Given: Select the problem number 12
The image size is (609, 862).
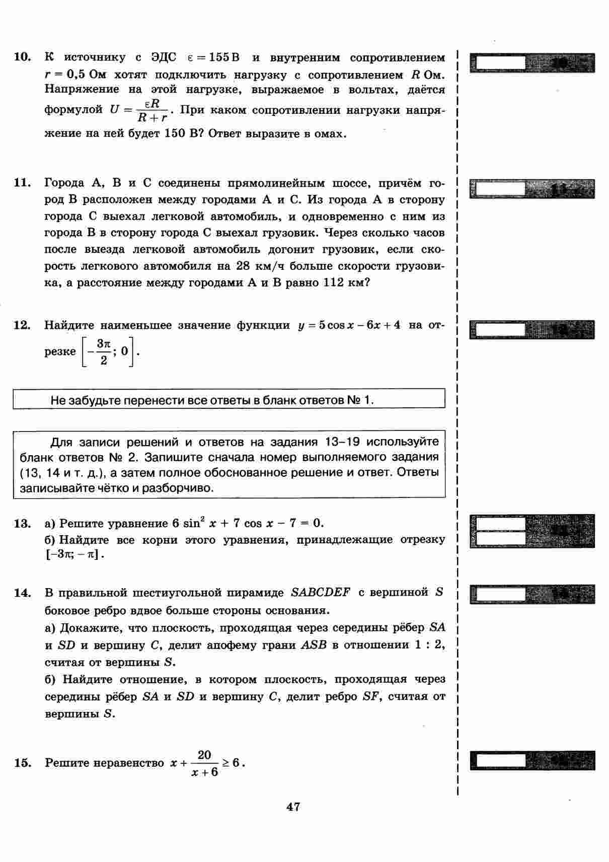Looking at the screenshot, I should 23,325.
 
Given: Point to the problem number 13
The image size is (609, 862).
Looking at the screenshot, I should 23,523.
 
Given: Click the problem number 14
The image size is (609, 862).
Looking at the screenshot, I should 23,592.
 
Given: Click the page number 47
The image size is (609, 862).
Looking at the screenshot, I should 293,807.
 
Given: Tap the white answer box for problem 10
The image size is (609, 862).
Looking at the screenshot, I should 500,63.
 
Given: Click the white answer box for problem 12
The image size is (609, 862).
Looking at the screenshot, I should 500,330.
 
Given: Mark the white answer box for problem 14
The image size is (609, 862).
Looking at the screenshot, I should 500,594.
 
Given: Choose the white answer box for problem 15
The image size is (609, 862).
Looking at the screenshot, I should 500,760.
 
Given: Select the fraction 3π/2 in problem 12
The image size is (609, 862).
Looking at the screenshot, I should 103,352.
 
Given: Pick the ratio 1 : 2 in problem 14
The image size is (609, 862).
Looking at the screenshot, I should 429,644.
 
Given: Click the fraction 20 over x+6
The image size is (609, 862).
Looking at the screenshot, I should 204,763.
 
